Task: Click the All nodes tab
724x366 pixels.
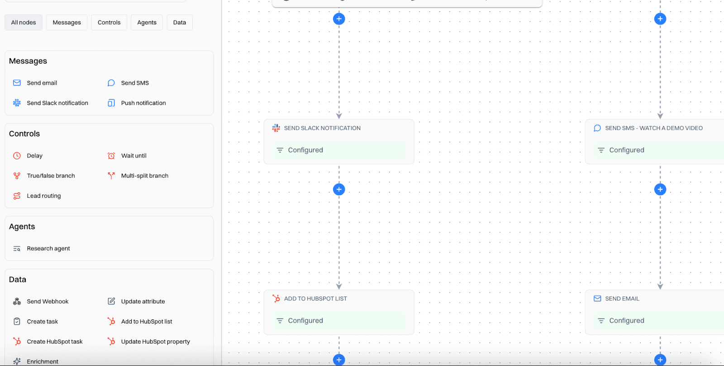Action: (x=24, y=23)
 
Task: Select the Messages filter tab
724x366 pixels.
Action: (x=67, y=23)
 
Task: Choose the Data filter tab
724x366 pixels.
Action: (x=180, y=23)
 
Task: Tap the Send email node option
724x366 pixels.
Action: (x=42, y=83)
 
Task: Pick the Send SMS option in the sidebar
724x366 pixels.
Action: (x=135, y=83)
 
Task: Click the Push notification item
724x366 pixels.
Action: (x=143, y=103)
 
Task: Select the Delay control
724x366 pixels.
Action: (x=34, y=156)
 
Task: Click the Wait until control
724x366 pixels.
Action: (x=133, y=156)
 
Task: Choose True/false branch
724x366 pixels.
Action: (x=51, y=176)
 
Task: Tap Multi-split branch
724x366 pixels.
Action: (x=144, y=176)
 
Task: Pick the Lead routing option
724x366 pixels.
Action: (x=43, y=196)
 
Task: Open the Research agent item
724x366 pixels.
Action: (x=48, y=249)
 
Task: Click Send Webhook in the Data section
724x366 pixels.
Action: (x=48, y=302)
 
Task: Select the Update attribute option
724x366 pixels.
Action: (x=143, y=302)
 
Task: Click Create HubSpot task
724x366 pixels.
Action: (x=54, y=342)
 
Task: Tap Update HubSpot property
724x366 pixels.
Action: (x=155, y=342)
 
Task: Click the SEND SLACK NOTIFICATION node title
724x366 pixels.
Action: (x=322, y=128)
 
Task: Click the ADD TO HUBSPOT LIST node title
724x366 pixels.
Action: (x=315, y=299)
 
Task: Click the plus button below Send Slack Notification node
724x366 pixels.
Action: (x=339, y=190)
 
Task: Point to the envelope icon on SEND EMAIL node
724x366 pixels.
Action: (x=597, y=299)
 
